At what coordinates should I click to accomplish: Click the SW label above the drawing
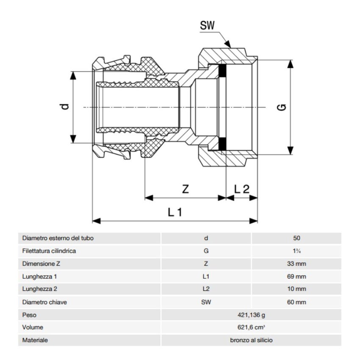[207, 25]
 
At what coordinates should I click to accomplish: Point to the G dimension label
[282, 107]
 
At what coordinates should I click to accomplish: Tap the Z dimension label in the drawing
[185, 189]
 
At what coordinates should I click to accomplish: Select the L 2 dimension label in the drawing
[242, 189]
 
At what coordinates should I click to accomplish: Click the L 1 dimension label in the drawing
[174, 212]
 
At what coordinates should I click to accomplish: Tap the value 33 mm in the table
[296, 264]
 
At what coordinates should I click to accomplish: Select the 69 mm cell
[296, 277]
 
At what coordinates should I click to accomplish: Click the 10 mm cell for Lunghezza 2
[296, 289]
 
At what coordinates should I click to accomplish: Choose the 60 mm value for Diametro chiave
[296, 302]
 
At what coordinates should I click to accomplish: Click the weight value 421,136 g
[251, 315]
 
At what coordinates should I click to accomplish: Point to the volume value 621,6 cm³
[251, 327]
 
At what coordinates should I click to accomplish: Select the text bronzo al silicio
[251, 340]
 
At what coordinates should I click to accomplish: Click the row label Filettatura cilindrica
[49, 251]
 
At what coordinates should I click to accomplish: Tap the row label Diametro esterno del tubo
[58, 238]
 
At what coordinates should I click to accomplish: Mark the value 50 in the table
[296, 238]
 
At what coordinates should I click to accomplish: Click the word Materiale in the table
[35, 340]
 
